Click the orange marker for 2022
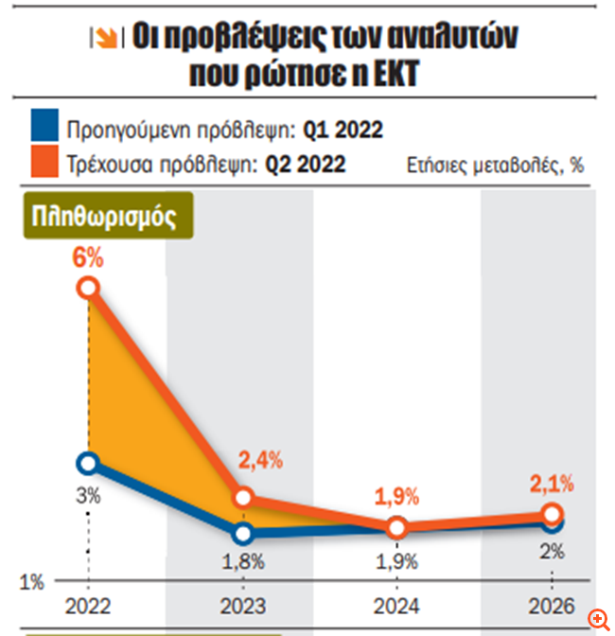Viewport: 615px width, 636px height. (x=88, y=288)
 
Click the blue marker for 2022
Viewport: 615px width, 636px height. (x=88, y=463)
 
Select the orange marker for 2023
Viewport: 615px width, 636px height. (x=242, y=498)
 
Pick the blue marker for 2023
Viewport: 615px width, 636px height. (x=242, y=534)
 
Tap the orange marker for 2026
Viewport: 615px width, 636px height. (x=553, y=514)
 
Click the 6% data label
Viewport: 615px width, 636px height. (x=88, y=257)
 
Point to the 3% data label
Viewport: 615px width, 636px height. (x=88, y=495)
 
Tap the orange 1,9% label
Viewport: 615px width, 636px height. (x=398, y=494)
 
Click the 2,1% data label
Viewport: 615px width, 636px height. (x=553, y=485)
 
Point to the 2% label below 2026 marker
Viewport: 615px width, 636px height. (x=553, y=551)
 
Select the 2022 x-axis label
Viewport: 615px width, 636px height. (x=87, y=605)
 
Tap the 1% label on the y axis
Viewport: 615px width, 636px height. (x=31, y=582)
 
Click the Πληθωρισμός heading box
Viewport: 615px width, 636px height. (x=104, y=216)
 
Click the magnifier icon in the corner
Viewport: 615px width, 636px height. (x=598, y=619)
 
